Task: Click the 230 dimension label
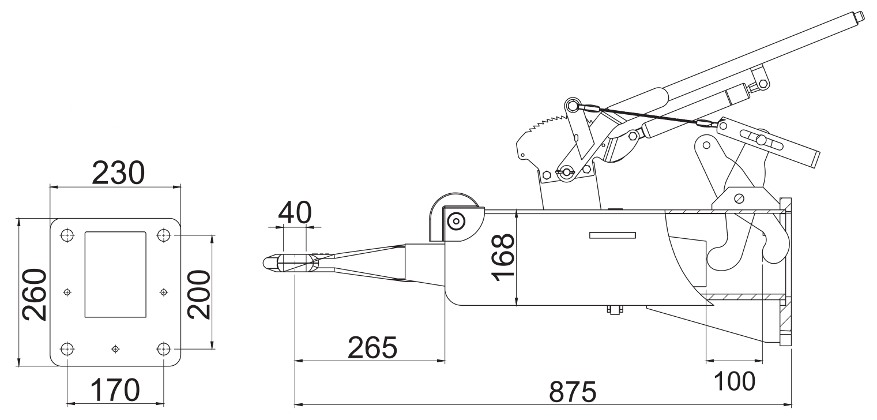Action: tap(118, 172)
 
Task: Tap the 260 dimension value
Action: tap(35, 294)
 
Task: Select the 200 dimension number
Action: tap(198, 294)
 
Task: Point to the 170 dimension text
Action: tap(115, 390)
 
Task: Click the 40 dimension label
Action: tap(295, 212)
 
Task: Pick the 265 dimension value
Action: tap(372, 347)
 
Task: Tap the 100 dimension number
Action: tap(735, 381)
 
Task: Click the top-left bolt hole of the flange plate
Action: tap(67, 235)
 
